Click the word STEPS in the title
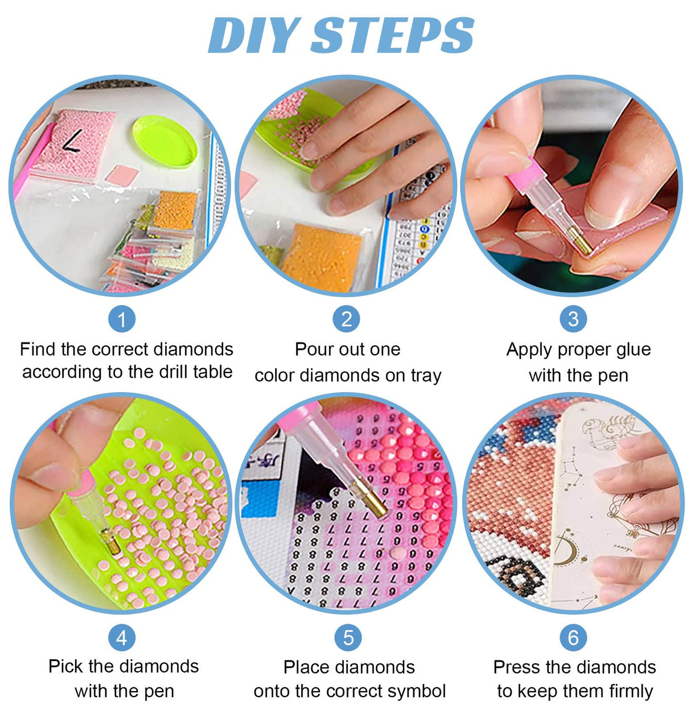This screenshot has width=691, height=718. (x=392, y=35)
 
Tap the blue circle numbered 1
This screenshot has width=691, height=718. (x=122, y=319)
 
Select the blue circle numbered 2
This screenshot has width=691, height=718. (x=346, y=319)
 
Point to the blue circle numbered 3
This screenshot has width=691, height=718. (x=573, y=319)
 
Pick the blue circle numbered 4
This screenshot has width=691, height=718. (x=122, y=638)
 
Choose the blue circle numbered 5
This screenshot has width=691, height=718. (x=348, y=638)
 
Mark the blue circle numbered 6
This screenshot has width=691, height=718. (x=573, y=638)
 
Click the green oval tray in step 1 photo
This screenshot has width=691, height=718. (x=165, y=141)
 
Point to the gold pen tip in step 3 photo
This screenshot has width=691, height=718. (x=580, y=241)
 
